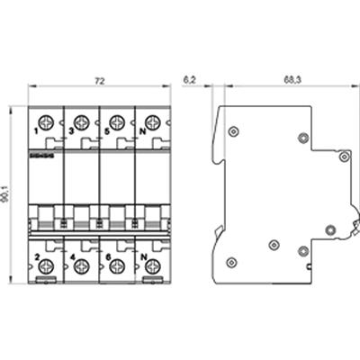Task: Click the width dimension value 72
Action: [x=100, y=81]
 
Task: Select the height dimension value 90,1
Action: [x=11, y=192]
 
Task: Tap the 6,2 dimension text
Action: [x=190, y=81]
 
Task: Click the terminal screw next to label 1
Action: [x=46, y=121]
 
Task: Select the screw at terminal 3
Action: [x=81, y=121]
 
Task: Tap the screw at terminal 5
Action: [x=117, y=121]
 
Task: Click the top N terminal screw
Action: [x=152, y=121]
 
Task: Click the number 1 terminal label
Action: [x=35, y=131]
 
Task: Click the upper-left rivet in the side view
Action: [x=233, y=131]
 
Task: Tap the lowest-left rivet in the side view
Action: [x=231, y=262]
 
